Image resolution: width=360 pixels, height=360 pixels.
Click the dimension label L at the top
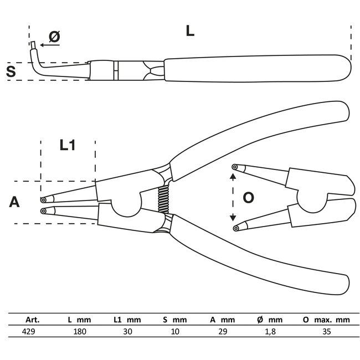(x=190, y=31)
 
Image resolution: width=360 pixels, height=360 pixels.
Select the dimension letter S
(x=11, y=71)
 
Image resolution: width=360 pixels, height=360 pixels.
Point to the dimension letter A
(x=14, y=202)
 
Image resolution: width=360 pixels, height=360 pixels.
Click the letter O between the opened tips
(x=249, y=197)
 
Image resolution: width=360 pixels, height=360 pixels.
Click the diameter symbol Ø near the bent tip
(x=54, y=36)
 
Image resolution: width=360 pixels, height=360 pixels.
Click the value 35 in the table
(x=326, y=331)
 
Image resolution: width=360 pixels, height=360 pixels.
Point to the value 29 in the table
(x=223, y=331)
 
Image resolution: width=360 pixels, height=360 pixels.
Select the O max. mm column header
(x=327, y=320)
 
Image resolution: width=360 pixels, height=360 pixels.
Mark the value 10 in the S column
(x=175, y=331)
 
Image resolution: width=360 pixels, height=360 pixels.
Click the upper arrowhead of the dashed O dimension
(x=233, y=176)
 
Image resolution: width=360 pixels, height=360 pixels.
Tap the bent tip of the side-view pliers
(x=34, y=46)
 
